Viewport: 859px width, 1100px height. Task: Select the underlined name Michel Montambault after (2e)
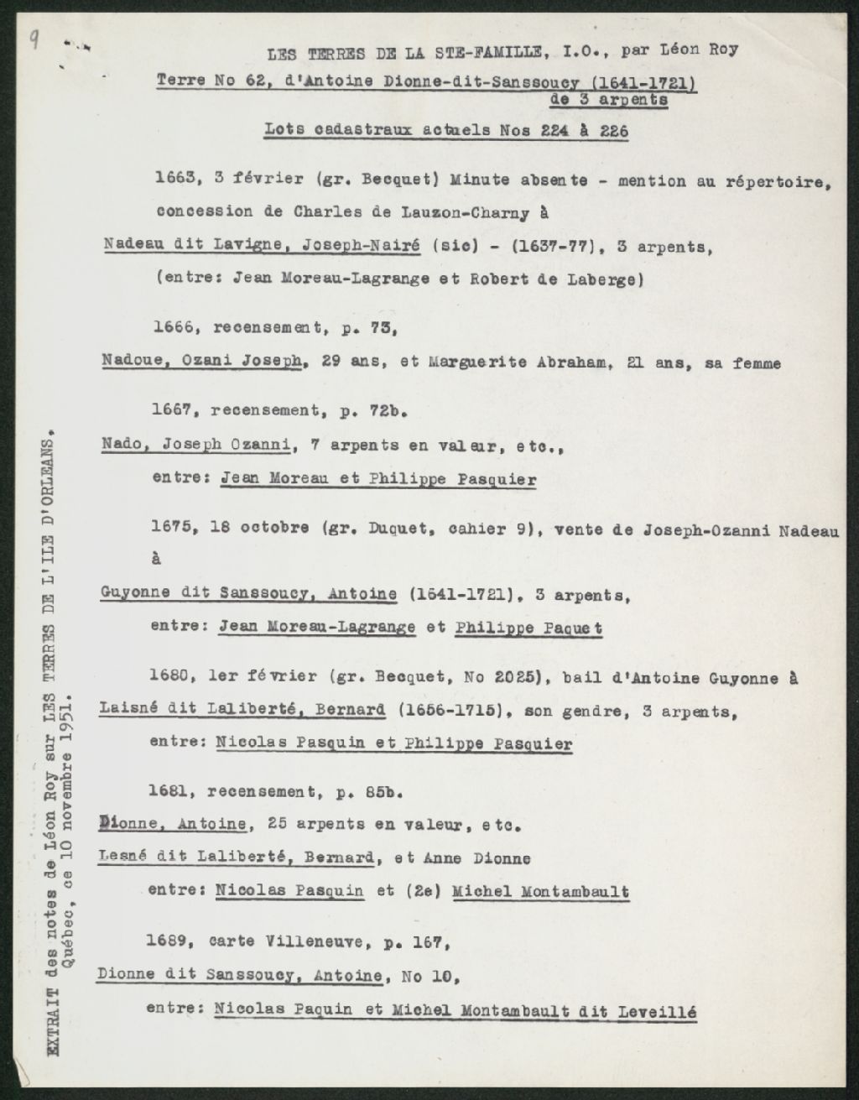tap(540, 892)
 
